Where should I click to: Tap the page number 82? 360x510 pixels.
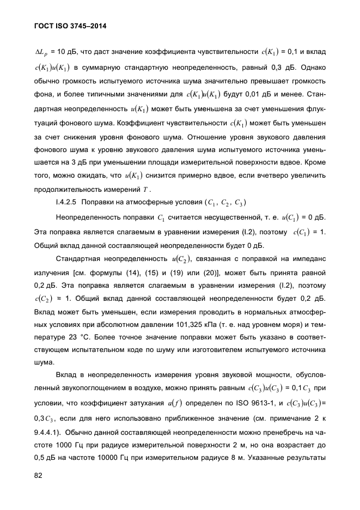(x=39, y=476)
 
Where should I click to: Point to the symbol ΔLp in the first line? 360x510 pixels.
(x=41, y=52)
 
